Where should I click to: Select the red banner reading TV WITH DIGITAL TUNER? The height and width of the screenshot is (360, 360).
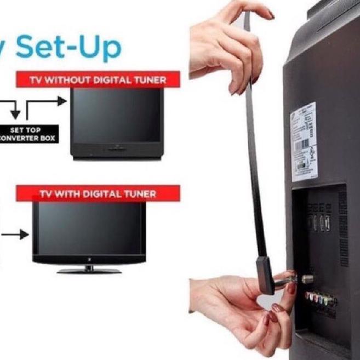[98, 193]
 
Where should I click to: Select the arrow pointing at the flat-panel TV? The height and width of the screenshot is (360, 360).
[17, 235]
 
